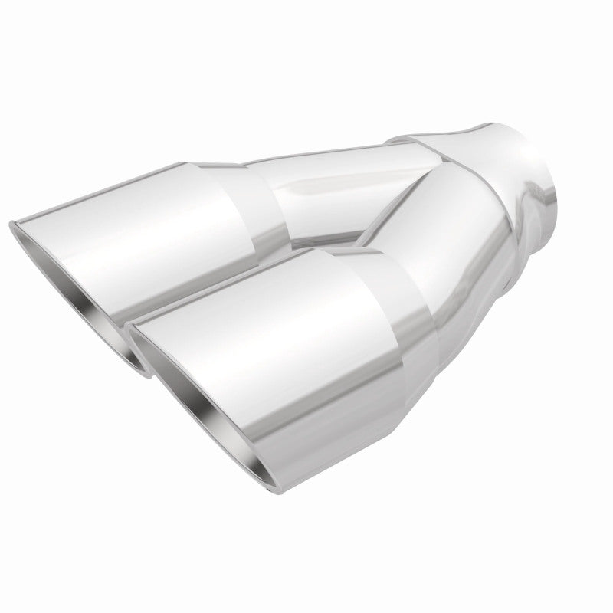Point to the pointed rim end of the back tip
[13, 224]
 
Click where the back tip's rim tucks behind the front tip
[142, 368]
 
